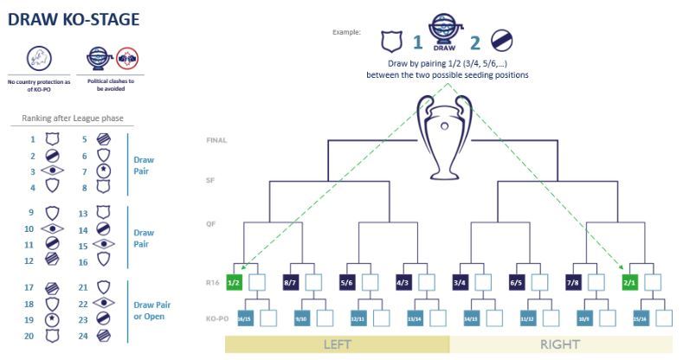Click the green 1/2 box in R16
tap(234, 281)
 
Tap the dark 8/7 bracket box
tap(290, 281)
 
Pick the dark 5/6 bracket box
tap(347, 281)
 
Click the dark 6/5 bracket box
tap(517, 281)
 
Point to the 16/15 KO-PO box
tap(246, 318)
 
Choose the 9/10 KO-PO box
tap(301, 318)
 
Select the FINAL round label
tap(216, 139)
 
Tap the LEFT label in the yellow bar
tap(337, 343)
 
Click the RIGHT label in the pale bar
tap(561, 343)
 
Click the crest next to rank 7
tap(101, 171)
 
